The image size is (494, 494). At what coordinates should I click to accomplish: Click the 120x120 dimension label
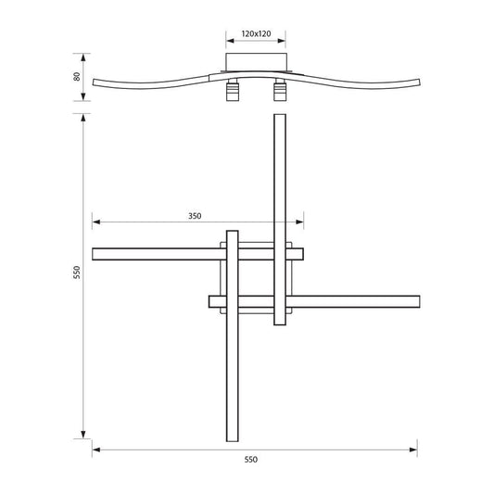point(256,33)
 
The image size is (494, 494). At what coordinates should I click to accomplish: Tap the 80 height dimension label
point(77,77)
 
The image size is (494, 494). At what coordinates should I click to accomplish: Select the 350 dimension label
point(195,216)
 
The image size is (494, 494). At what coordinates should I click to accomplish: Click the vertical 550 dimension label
point(77,272)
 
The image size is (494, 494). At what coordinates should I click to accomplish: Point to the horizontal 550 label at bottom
point(251,460)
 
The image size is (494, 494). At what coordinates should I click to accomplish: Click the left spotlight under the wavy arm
point(233,90)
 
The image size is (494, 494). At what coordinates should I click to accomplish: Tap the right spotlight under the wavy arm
point(280,90)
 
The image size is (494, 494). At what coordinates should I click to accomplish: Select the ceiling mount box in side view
point(256,62)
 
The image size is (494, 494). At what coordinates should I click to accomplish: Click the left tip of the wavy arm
point(94,82)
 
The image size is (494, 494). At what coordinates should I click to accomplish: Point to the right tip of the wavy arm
point(419,82)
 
